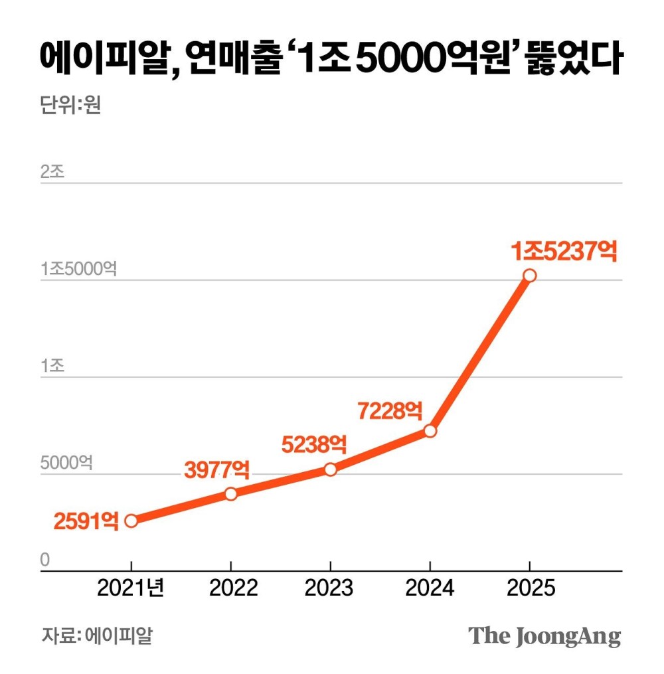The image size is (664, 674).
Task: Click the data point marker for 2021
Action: click(x=131, y=521)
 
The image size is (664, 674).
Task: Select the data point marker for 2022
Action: click(x=230, y=493)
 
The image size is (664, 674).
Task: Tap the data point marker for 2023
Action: click(x=330, y=469)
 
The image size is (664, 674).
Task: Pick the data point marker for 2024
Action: click(x=430, y=431)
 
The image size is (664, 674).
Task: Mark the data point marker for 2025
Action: click(x=529, y=275)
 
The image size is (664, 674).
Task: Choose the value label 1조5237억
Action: click(x=564, y=251)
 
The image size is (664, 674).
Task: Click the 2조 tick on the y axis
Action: click(x=52, y=171)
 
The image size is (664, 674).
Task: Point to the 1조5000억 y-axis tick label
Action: click(x=79, y=269)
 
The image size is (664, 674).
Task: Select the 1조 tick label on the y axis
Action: click(x=52, y=366)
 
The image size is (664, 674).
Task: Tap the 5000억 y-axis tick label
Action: click(x=67, y=463)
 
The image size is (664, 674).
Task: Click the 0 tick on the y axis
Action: click(x=45, y=560)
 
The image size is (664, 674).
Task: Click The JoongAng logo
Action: click(x=544, y=635)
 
